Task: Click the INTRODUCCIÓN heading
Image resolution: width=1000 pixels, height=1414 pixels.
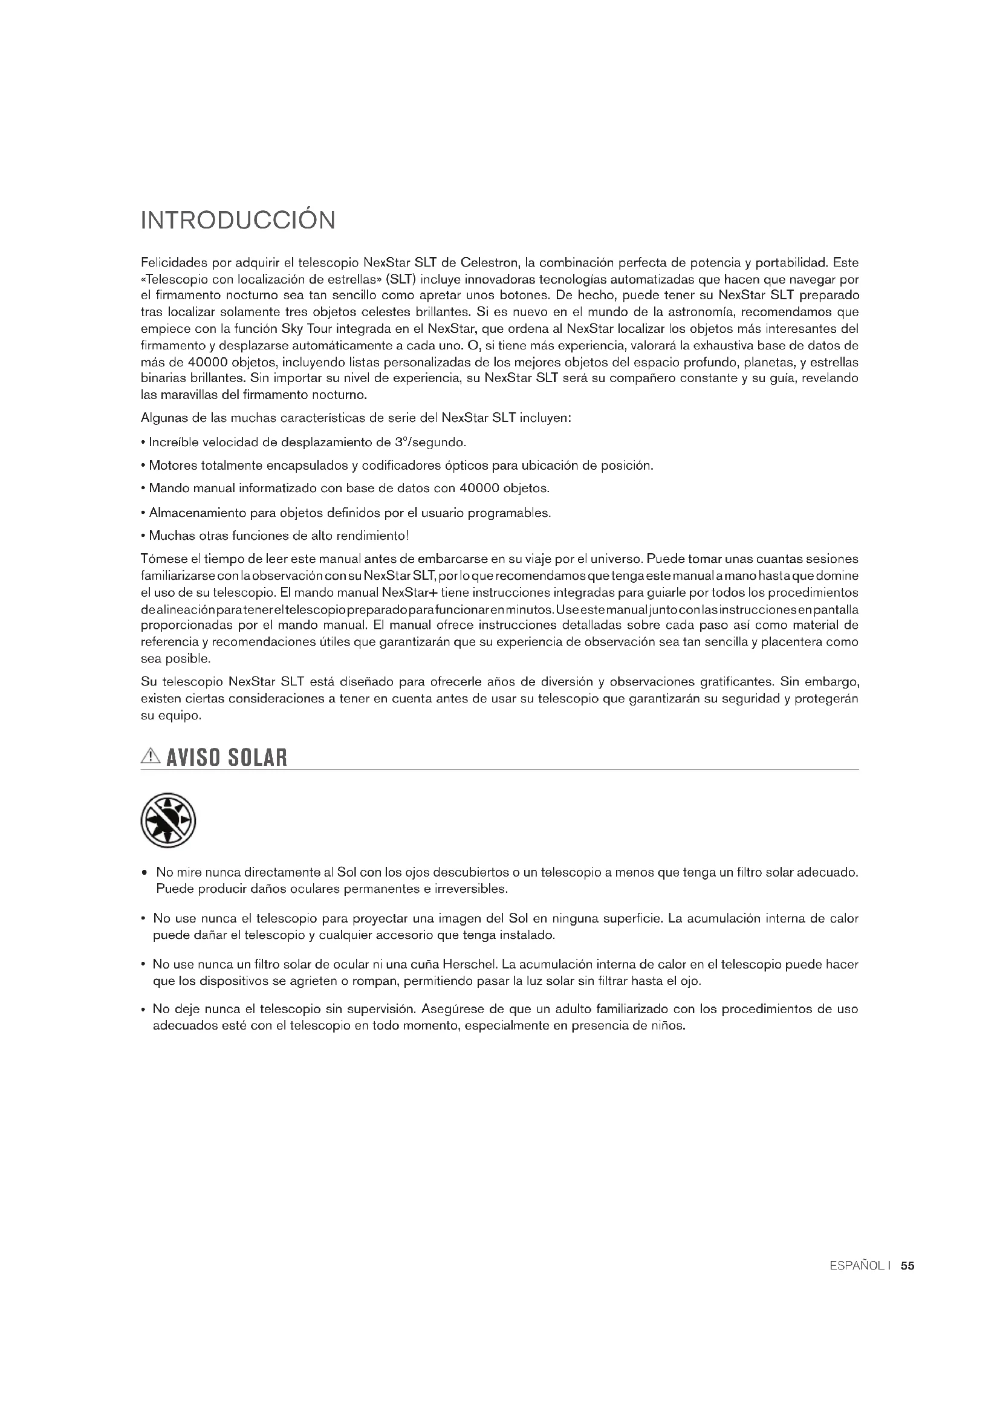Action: [x=238, y=221]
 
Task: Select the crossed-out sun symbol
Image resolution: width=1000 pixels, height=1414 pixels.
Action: [x=168, y=820]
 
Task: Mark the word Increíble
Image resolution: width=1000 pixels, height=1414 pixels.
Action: [x=174, y=442]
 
